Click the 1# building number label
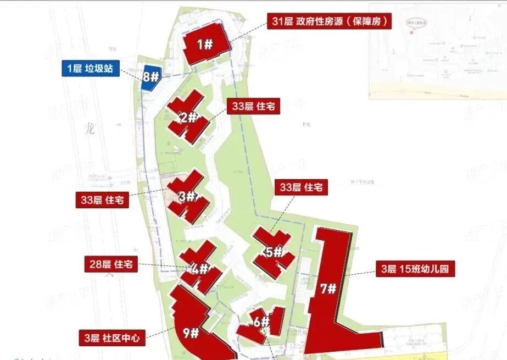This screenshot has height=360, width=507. (205, 45)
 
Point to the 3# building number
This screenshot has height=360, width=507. (187, 196)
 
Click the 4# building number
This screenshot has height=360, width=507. (201, 269)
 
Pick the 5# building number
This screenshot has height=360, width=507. (273, 253)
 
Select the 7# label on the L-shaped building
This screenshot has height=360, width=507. (328, 289)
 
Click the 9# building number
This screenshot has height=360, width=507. (191, 333)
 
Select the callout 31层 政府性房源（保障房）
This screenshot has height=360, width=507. (330, 21)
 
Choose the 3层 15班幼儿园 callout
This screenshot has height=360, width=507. (416, 269)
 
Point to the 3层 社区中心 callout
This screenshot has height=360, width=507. (112, 336)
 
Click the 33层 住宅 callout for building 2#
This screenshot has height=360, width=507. (253, 107)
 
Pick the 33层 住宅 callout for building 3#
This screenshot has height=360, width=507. (102, 200)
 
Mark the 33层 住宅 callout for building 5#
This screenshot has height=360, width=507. (301, 187)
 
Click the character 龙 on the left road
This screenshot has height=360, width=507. (91, 130)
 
